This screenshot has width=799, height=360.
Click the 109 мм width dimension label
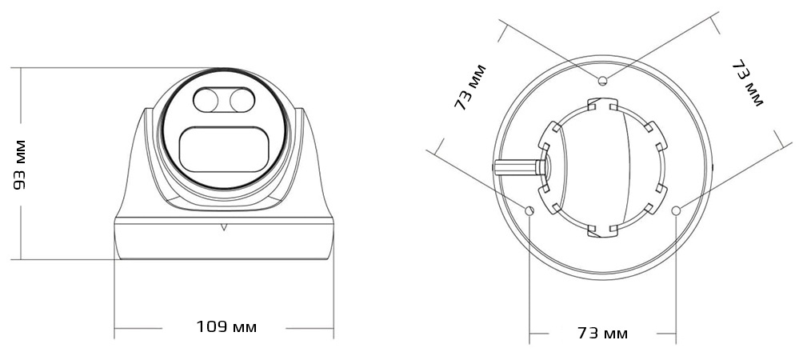point(226,327)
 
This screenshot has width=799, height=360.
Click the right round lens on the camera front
point(239,101)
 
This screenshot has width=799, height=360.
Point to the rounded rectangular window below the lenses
point(223,150)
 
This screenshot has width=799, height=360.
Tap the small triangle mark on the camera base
point(224,226)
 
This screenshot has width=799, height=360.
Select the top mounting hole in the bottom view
point(602,78)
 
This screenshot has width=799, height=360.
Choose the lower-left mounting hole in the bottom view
point(529,210)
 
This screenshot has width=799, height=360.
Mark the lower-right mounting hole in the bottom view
point(677,210)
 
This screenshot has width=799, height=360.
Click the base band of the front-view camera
point(224,240)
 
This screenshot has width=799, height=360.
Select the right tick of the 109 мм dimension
point(334,327)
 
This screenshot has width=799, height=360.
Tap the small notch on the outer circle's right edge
point(713,167)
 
